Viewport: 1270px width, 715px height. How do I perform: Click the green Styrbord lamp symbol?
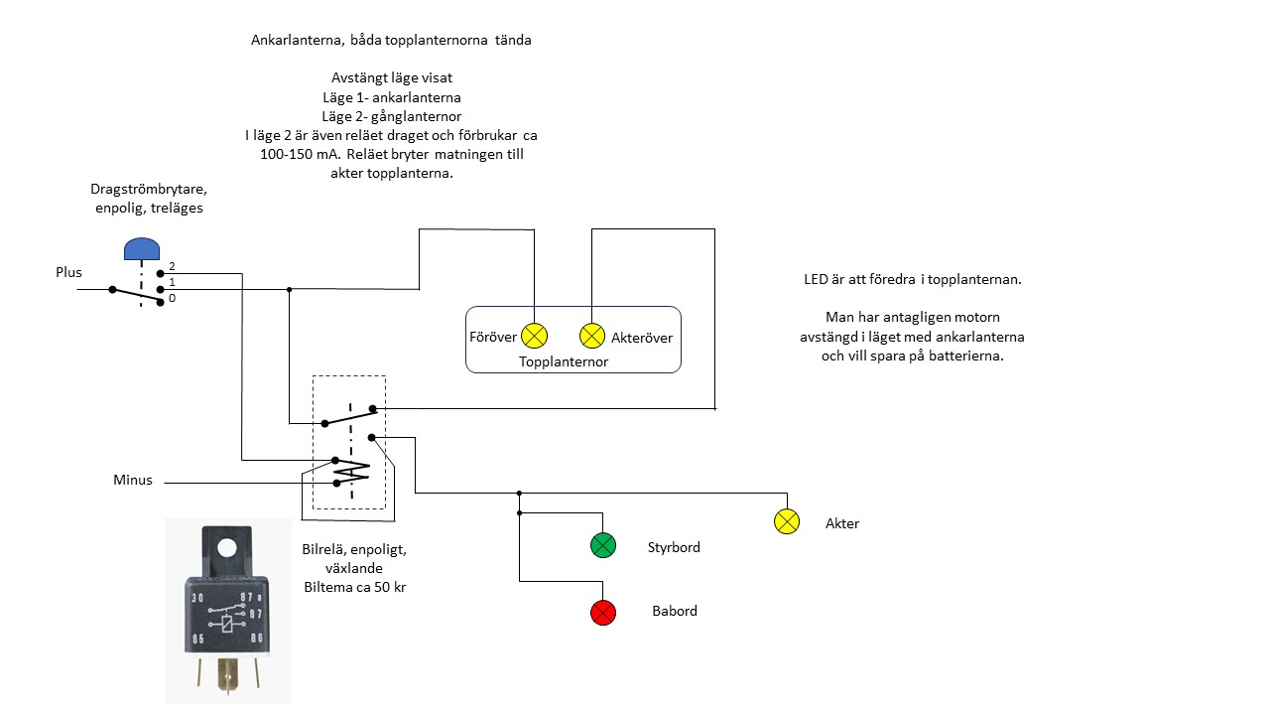pos(603,545)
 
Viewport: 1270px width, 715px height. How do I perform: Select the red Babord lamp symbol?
pos(603,613)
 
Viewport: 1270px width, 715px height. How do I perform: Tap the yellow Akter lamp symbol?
pos(786,521)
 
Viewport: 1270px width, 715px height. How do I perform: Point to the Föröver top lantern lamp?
pos(535,336)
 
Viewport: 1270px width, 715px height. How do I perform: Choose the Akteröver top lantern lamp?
pos(592,336)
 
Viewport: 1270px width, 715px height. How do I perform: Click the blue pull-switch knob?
pos(141,248)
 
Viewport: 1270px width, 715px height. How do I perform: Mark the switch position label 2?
pos(172,266)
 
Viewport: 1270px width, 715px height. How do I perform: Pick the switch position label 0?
pos(172,298)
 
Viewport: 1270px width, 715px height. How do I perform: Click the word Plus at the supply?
pos(68,272)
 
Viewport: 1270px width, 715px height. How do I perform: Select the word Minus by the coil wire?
pos(133,481)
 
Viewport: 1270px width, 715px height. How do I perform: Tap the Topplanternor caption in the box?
pos(564,361)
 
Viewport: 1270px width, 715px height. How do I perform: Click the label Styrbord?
pos(674,547)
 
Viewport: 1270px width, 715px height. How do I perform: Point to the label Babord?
pos(675,611)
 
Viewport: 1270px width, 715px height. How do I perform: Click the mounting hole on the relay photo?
pos(227,546)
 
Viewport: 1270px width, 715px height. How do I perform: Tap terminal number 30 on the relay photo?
pos(197,598)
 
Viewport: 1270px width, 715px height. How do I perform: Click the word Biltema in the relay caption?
pos(326,587)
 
